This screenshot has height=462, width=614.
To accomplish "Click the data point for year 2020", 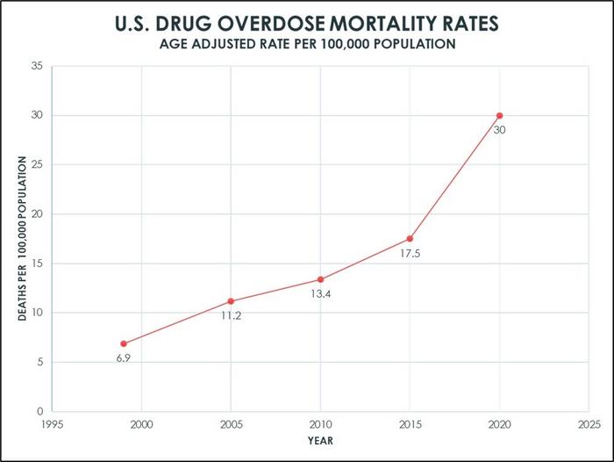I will tap(499, 116).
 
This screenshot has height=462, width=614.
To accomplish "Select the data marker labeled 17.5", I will tap(410, 239).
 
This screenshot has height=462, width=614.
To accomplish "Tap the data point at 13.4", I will tap(320, 279).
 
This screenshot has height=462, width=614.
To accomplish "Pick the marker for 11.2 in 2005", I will tap(231, 301).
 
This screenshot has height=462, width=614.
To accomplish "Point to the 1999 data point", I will tap(124, 343).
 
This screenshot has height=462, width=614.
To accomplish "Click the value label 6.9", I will tap(124, 358).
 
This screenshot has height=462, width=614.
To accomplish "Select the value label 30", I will tap(499, 130).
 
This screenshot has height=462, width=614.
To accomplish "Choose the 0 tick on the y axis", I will tap(39, 411).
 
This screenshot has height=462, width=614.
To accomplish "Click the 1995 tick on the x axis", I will tap(52, 423).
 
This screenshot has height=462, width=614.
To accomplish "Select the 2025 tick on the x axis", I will tap(589, 423).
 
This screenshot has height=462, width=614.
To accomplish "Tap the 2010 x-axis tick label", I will tap(320, 423).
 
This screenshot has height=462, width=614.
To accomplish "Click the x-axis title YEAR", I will tap(320, 440).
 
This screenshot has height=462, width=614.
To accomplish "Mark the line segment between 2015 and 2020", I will tap(454, 177).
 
